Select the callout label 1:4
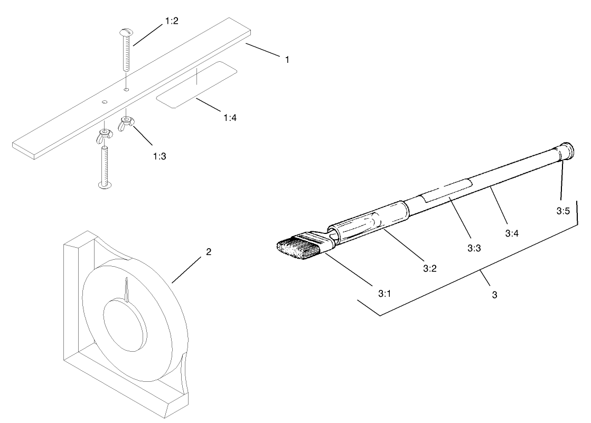tap(230, 117)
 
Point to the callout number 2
tap(209, 252)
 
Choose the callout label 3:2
tap(429, 268)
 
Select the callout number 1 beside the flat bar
tap(287, 60)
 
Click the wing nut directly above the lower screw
tap(104, 135)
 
